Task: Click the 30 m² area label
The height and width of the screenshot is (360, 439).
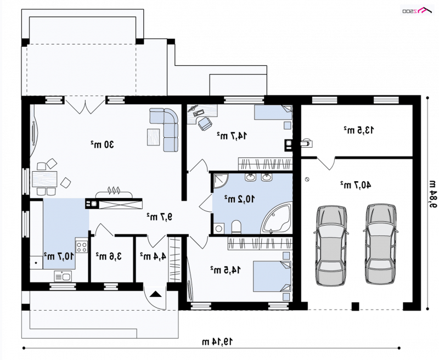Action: point(102,144)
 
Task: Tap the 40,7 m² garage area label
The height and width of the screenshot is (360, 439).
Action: point(356,185)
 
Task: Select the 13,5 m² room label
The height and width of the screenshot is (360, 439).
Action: point(359,130)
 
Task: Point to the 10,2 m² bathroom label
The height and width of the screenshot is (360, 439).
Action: point(239,199)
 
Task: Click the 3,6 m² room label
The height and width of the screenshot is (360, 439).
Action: point(109,256)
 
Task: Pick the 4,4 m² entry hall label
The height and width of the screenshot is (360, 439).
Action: point(153,255)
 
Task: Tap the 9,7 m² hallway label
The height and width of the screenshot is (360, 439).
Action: point(159,216)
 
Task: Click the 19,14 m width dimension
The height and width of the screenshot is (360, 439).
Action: point(217,341)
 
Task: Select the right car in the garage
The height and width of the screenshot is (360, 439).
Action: point(381,244)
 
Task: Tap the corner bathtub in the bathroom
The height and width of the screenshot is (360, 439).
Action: point(277,219)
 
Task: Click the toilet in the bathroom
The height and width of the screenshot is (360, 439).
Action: point(237,227)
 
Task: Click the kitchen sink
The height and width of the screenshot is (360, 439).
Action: point(63,276)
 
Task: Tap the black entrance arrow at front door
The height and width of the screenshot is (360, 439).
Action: point(156,294)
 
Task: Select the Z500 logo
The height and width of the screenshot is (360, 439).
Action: point(417,11)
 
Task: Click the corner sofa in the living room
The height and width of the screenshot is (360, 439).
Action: point(164,130)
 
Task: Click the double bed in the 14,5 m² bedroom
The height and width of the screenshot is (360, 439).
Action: point(272,277)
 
